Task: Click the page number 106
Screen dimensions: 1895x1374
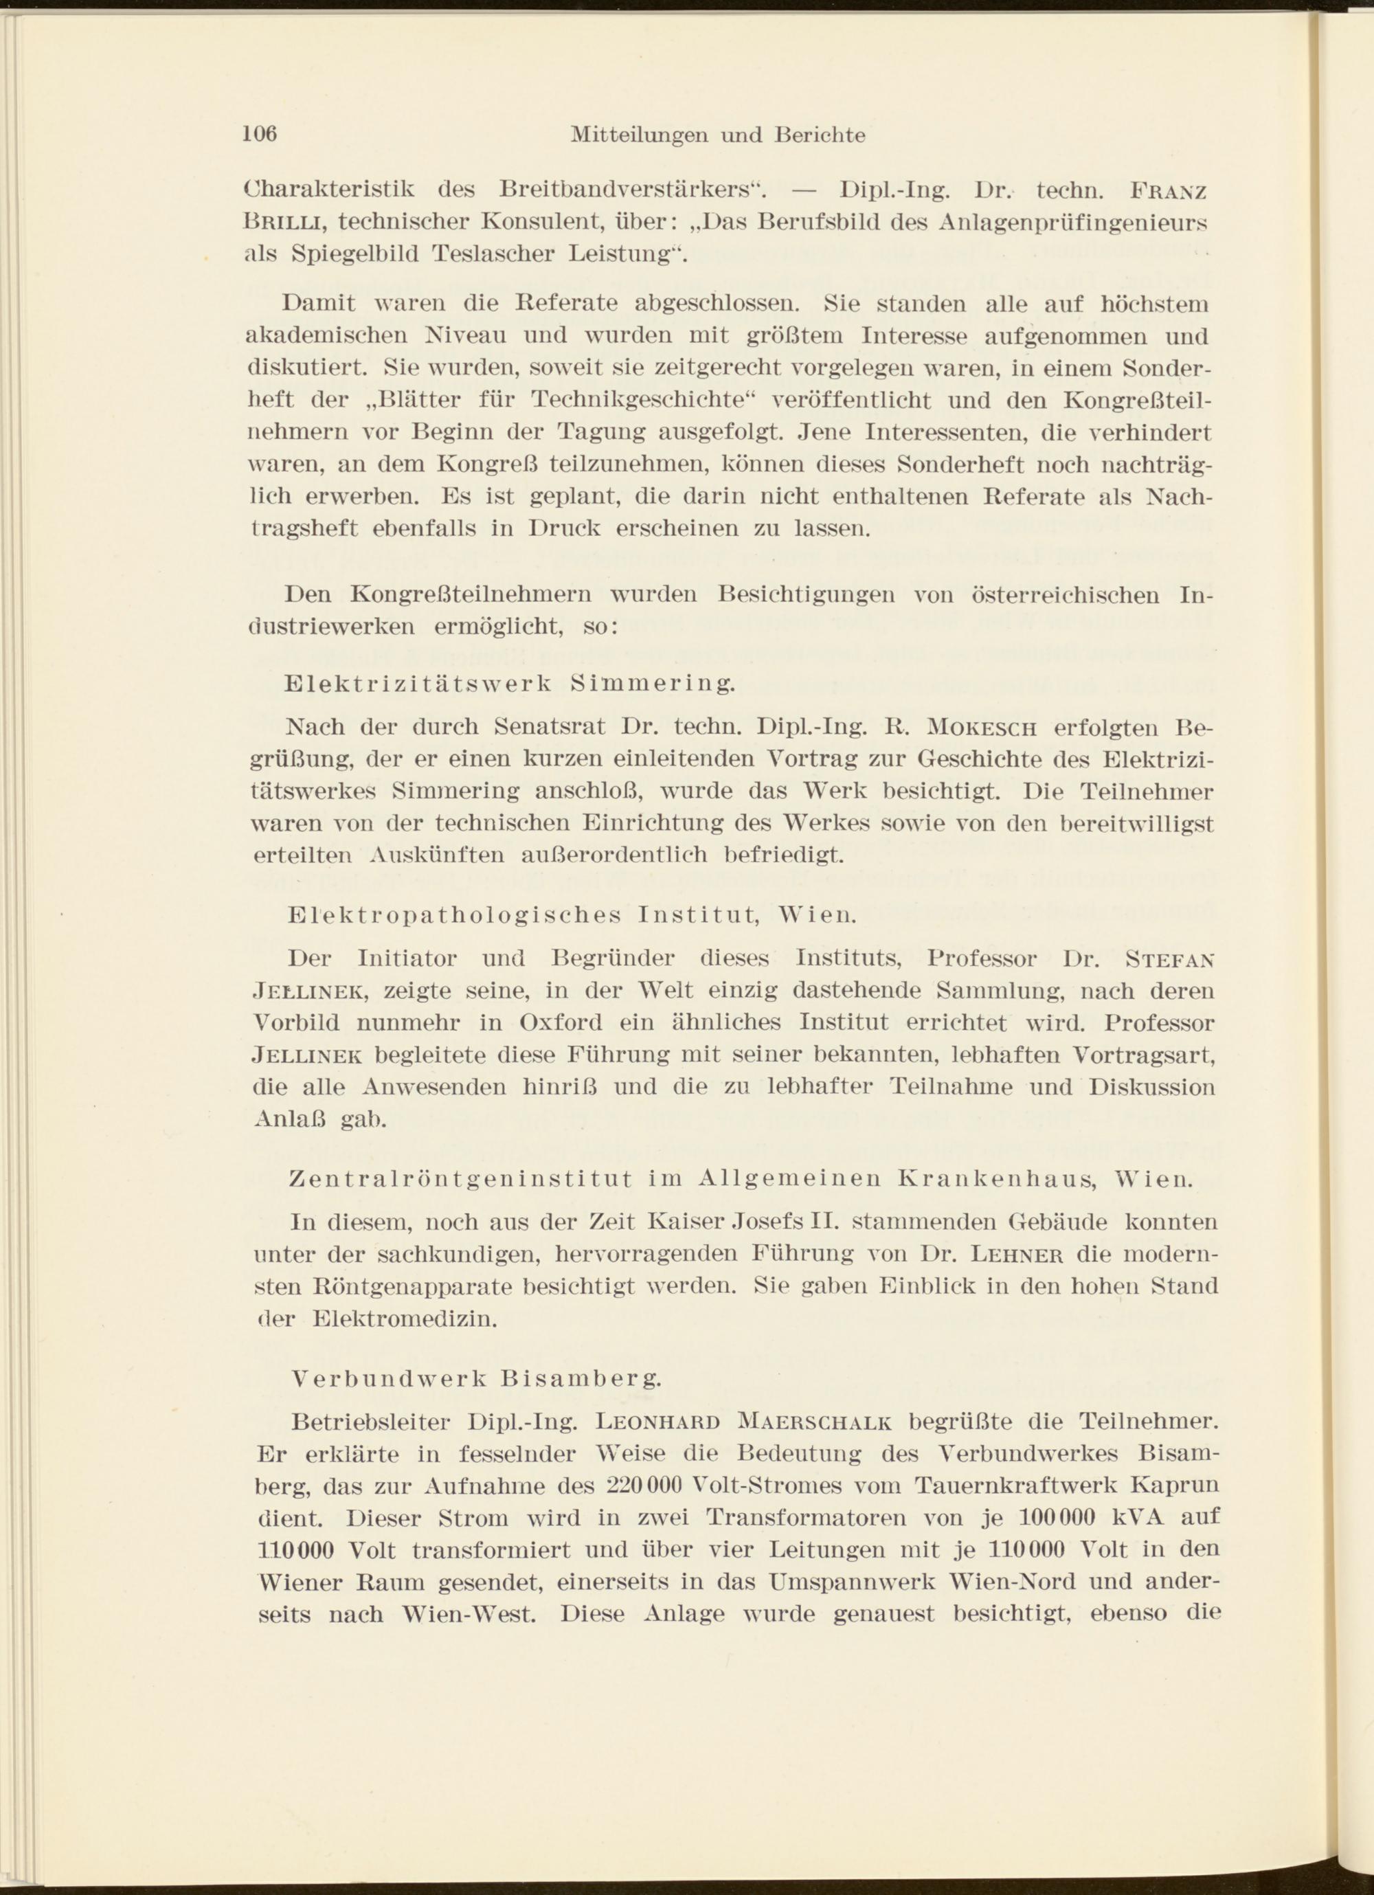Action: [x=260, y=134]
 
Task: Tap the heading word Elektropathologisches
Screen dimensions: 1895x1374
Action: [x=454, y=915]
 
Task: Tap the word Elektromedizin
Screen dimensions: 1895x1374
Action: [x=405, y=1319]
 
